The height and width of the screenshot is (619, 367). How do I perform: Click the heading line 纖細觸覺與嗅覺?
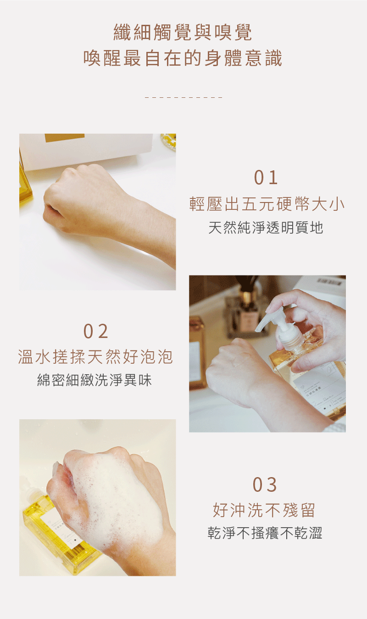coord(183,33)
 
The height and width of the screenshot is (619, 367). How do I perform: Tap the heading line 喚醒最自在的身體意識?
coord(183,59)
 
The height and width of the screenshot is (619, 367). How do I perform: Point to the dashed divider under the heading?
coord(183,97)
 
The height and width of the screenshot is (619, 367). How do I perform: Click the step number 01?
coord(267,178)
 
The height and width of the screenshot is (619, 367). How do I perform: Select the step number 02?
coord(96,331)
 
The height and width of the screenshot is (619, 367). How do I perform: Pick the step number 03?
coord(265,484)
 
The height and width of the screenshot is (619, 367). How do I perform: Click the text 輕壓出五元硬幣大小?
coord(267,204)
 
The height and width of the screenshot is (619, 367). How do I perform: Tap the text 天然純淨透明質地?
coord(266,227)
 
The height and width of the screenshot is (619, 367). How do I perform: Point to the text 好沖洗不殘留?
coord(264,510)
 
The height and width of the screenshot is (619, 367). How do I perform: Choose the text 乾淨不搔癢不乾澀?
coord(265,533)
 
